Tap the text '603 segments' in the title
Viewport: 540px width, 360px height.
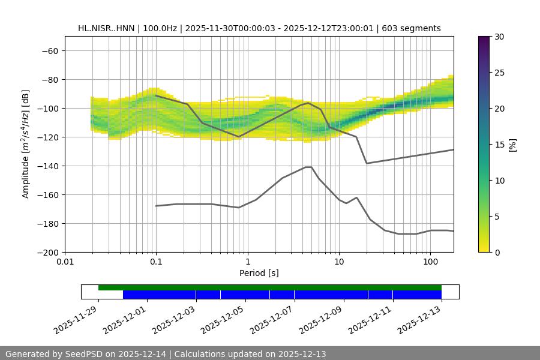tap(414, 28)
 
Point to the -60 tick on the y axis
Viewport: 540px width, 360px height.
tap(50, 50)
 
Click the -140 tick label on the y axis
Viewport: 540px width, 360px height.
tap(47, 166)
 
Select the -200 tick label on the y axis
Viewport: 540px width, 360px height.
tap(47, 252)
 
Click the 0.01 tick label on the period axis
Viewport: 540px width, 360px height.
tap(65, 262)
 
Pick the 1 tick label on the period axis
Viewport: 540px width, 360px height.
tap(247, 262)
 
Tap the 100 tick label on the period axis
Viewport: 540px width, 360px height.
tap(430, 262)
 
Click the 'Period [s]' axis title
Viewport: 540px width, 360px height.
tap(259, 273)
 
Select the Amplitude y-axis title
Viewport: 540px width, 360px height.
tap(26, 144)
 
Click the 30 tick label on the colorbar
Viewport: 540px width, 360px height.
tap(499, 37)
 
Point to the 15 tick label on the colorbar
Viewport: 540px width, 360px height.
tap(499, 144)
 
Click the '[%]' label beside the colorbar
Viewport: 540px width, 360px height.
tap(512, 144)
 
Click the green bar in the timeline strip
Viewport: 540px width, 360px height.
tap(270, 287)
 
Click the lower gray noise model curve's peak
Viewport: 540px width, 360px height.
tap(308, 167)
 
